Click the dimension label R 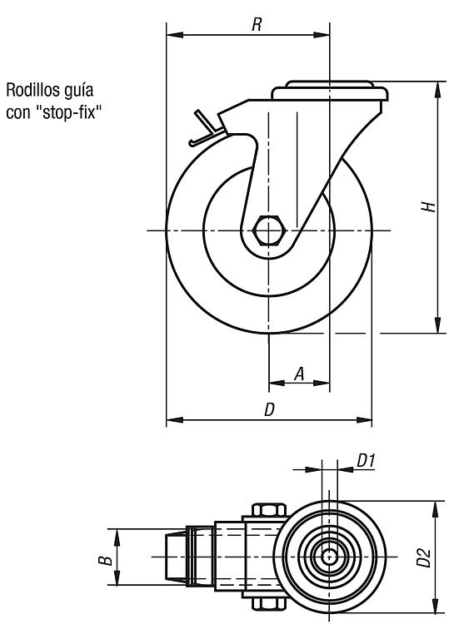257,25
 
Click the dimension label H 429,206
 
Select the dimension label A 299,374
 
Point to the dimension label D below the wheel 270,409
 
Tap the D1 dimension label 366,461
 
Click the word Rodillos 32,90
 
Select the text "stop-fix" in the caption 66,112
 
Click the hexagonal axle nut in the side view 268,230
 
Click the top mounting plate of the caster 330,91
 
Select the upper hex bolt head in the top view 269,510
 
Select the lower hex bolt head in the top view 269,603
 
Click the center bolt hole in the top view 329,557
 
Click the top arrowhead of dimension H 438,89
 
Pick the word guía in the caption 78,91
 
